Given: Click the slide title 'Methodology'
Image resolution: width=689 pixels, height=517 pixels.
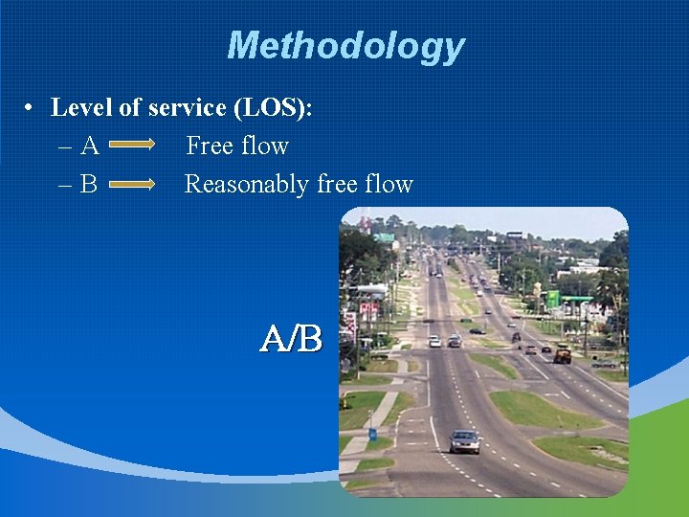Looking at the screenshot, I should pos(345,45).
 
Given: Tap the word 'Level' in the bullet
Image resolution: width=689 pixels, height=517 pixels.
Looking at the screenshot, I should pos(81,107).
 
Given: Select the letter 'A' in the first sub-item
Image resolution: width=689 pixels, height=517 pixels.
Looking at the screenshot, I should pos(90,146).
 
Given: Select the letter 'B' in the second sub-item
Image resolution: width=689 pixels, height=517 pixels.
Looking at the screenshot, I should pos(89,184).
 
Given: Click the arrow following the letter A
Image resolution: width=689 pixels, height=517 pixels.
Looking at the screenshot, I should pos(133,146).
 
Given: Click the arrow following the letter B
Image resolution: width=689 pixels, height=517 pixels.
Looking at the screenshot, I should pos(133,184).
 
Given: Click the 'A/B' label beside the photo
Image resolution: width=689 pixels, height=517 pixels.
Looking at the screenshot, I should pos(292,338).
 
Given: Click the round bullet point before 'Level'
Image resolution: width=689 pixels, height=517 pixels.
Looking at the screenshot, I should pos(32,108).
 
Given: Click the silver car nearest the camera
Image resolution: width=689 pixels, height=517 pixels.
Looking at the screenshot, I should pos(465,441).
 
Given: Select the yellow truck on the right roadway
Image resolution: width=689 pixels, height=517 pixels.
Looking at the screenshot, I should pos(562,355).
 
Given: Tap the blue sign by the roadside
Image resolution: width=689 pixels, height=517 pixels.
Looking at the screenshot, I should pos(372,434).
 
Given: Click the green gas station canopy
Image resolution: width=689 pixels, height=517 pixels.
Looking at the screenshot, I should pos(577,300).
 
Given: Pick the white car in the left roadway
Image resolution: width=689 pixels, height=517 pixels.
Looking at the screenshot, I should pos(434,341).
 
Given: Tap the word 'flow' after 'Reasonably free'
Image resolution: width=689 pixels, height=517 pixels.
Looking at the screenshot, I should pos(388,184).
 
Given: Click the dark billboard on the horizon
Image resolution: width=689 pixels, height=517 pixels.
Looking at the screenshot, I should pos(515,235).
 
